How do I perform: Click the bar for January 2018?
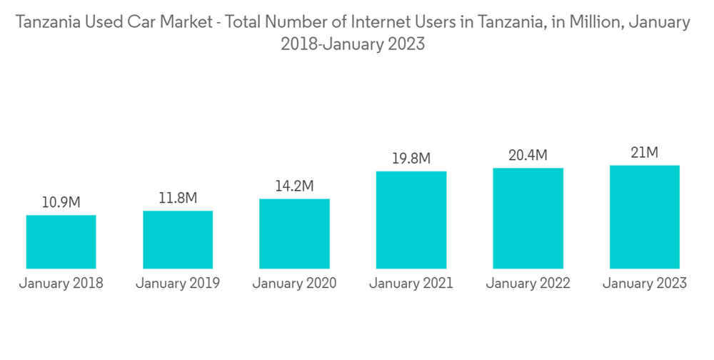(61, 241)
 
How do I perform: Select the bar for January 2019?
(178, 239)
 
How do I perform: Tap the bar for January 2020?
(294, 234)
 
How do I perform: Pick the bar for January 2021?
(411, 220)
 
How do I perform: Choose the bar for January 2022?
(528, 218)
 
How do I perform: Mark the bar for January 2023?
(645, 216)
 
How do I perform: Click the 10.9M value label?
(61, 203)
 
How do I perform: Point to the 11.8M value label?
(178, 198)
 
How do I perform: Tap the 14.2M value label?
(294, 186)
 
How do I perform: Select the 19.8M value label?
(411, 159)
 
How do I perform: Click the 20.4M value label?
(528, 155)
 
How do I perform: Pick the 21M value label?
(645, 152)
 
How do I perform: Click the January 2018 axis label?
(61, 284)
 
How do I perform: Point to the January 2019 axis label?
(178, 284)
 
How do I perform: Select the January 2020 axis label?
(294, 284)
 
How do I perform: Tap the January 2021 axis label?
(411, 284)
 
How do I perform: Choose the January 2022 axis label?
(528, 284)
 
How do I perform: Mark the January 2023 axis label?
(645, 284)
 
